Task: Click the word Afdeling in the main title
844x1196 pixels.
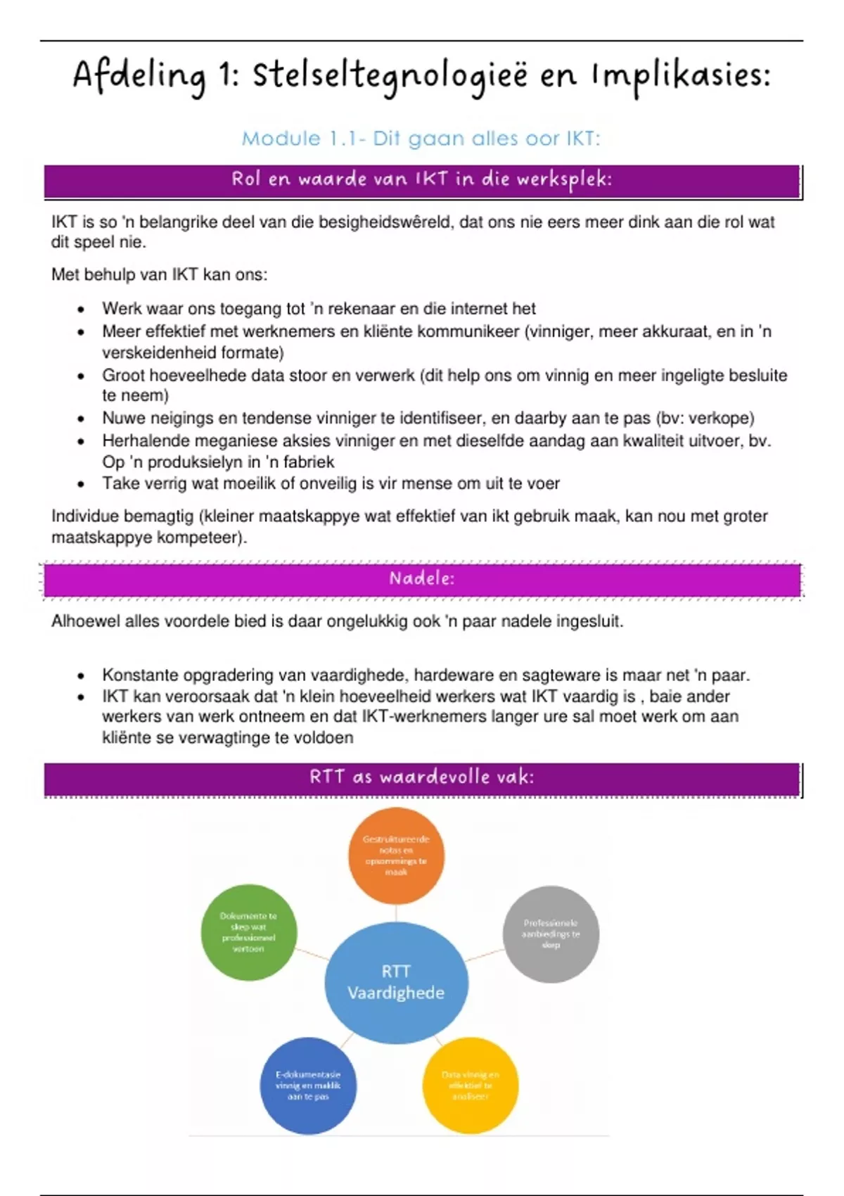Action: point(139,76)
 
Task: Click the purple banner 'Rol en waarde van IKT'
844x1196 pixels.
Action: point(422,180)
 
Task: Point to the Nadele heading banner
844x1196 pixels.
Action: point(422,579)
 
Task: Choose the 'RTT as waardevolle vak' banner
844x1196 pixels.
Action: point(422,777)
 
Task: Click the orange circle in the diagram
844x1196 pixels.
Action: point(396,855)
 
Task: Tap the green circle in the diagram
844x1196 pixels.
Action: point(248,932)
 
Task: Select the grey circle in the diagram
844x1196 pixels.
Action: point(551,934)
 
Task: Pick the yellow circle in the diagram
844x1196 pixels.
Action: point(470,1085)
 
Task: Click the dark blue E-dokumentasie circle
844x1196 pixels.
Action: point(308,1085)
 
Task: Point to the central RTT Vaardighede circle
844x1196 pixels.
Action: point(396,982)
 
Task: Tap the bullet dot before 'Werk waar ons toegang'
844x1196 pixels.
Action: point(82,310)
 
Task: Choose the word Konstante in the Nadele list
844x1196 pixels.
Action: point(139,675)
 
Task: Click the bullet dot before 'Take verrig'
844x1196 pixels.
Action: point(82,484)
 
